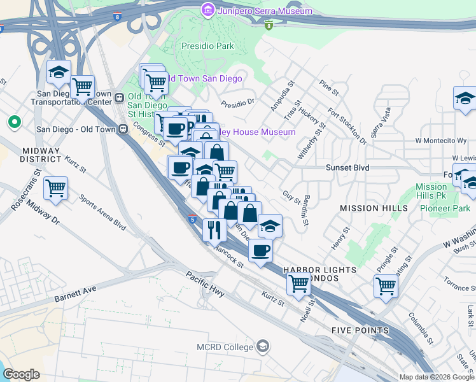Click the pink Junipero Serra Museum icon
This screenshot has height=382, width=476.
click(x=207, y=10)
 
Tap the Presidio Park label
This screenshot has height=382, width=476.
click(x=208, y=46)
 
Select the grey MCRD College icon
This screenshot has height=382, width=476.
click(x=263, y=347)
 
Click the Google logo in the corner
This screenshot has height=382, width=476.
click(x=21, y=374)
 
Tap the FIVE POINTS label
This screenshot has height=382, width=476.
click(x=360, y=330)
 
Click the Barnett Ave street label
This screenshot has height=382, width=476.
click(x=75, y=294)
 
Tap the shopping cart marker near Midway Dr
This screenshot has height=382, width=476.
click(x=55, y=188)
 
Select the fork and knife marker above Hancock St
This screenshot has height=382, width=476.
click(x=214, y=229)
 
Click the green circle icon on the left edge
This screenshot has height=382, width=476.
click(x=13, y=121)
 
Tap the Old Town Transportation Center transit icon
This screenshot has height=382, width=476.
click(x=119, y=98)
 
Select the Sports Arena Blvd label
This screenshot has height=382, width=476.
click(x=102, y=211)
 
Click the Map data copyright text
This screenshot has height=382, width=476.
click(x=436, y=377)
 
